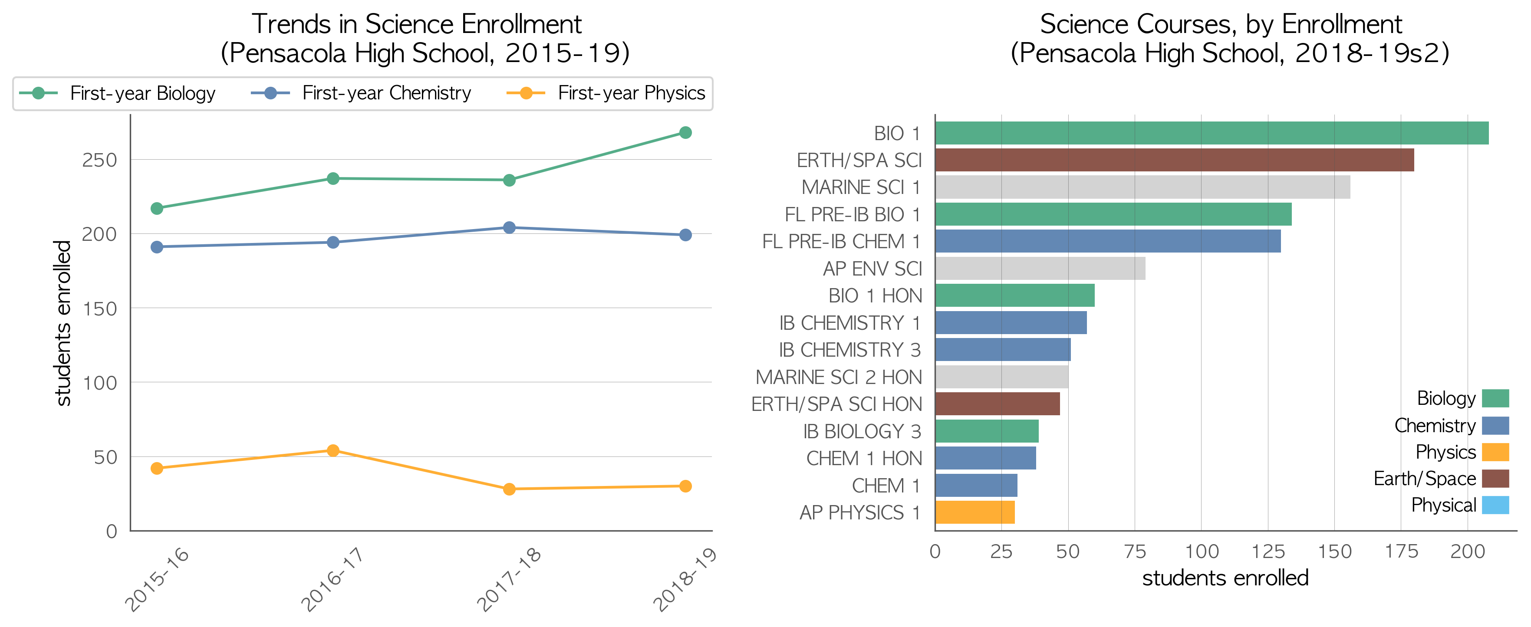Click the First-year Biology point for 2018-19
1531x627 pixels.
pos(685,132)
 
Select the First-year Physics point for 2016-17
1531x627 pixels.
pos(333,450)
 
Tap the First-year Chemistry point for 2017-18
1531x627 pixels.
pos(509,228)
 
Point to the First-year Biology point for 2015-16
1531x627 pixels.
pos(157,208)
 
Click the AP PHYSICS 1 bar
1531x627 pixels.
pos(975,512)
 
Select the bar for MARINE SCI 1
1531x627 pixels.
pos(1142,187)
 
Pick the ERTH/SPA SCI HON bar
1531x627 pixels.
pos(997,404)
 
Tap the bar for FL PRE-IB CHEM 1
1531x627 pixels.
pos(1108,241)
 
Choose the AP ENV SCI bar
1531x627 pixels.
pos(1040,269)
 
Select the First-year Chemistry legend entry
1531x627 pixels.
pos(361,93)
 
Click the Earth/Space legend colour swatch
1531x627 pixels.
pos(1495,479)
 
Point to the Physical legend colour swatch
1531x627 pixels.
pos(1495,505)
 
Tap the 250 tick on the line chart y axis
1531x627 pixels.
pos(99,160)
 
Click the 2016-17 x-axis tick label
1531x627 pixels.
pos(332,579)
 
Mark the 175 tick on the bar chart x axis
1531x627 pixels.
pos(1401,552)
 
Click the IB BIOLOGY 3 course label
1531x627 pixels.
pos(862,431)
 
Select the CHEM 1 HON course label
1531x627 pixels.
pos(864,459)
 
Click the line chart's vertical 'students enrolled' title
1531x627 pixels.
pos(63,323)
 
